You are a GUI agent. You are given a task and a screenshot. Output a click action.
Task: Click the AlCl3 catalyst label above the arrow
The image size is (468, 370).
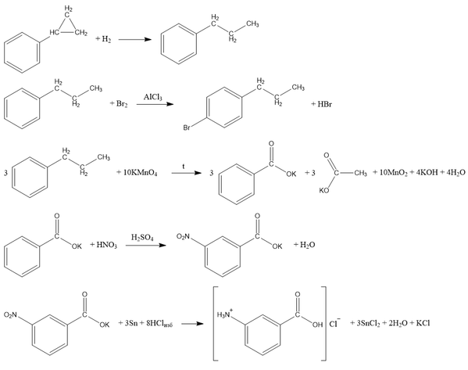153,97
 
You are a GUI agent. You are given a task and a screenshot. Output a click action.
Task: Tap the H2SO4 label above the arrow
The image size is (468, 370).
142,238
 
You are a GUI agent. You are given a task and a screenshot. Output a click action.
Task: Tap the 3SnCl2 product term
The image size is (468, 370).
368,323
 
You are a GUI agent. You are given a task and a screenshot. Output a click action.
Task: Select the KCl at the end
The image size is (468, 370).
423,323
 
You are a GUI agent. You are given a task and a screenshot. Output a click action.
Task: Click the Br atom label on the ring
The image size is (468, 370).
187,128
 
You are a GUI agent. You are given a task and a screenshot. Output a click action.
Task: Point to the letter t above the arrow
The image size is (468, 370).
184,166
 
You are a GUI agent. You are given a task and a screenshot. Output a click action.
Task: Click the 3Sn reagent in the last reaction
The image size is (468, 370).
131,323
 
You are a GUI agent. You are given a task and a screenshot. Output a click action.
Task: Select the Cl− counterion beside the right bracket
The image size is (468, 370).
334,323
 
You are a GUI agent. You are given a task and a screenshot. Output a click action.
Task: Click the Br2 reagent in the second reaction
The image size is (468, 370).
122,104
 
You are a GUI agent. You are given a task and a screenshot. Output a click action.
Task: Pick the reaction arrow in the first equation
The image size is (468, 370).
135,39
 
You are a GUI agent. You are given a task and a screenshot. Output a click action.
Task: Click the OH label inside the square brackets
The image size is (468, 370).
317,325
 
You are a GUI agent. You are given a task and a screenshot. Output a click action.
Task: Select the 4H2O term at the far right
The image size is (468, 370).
455,172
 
